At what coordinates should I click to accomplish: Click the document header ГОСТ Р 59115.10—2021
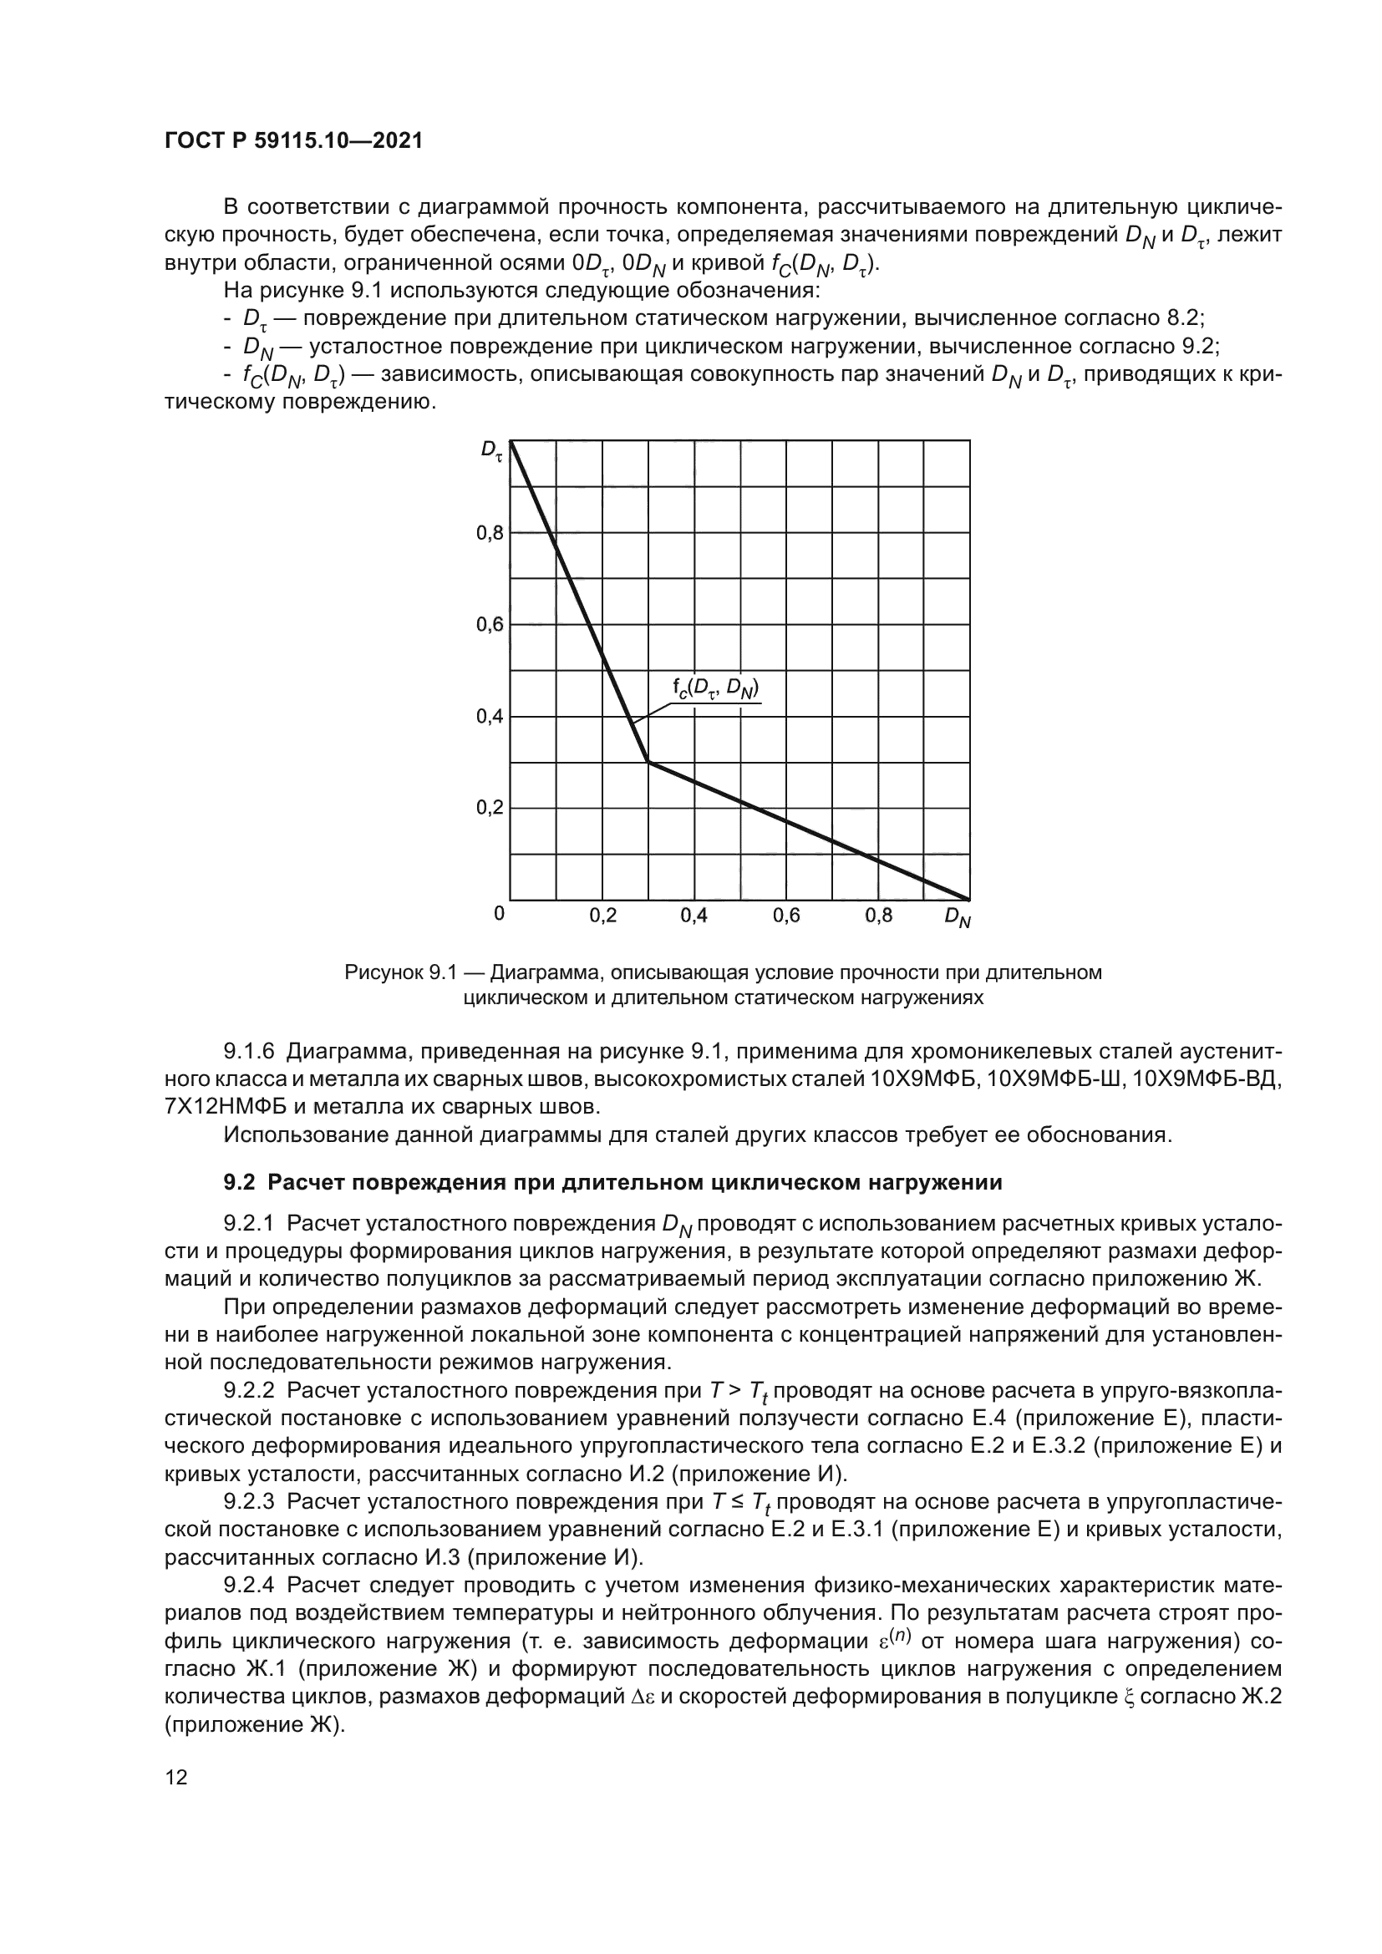coord(293,141)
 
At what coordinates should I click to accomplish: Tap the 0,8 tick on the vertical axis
coord(490,534)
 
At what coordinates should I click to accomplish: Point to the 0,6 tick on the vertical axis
coord(490,626)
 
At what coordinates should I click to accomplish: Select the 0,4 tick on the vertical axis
coord(490,717)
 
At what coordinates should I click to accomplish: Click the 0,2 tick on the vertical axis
coord(490,808)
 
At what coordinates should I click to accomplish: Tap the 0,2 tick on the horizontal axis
coord(602,916)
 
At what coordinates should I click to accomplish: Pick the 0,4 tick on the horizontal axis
coord(694,916)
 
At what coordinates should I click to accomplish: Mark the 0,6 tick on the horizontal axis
coord(786,916)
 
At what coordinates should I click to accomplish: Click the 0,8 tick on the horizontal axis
coord(878,916)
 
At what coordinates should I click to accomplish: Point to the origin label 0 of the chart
coord(499,914)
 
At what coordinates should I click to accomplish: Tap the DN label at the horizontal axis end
coord(958,918)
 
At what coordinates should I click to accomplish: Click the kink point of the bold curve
coord(648,762)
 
